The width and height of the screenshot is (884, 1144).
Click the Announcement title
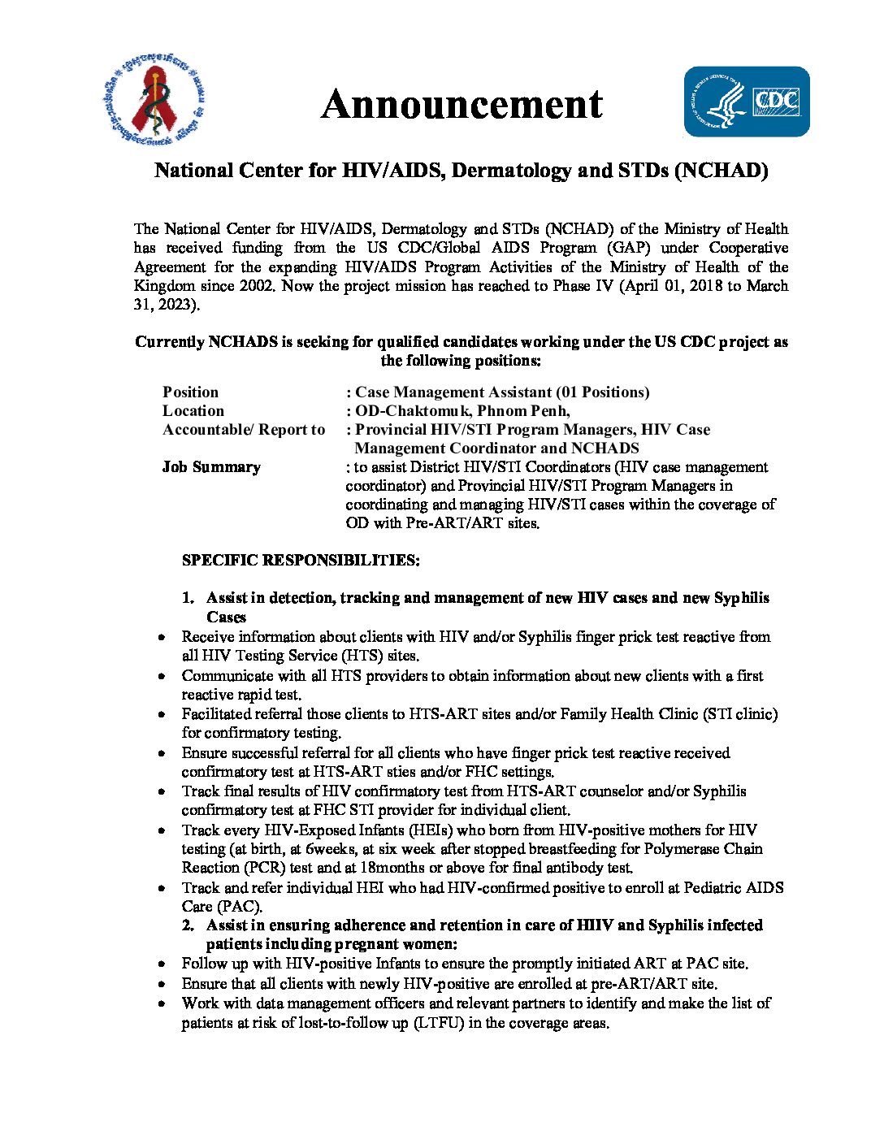461,105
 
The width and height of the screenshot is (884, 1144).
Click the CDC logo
746,102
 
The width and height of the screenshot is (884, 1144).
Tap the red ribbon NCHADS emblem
154,101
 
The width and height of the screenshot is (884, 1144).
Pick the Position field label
190,392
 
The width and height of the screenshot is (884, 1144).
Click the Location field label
193,411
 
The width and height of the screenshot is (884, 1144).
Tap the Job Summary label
211,467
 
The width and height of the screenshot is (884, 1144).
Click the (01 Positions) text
603,392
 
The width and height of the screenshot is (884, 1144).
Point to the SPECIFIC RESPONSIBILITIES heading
301,561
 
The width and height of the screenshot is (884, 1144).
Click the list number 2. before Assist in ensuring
188,926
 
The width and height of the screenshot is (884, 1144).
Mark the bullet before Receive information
163,638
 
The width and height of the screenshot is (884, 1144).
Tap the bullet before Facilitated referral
163,715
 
